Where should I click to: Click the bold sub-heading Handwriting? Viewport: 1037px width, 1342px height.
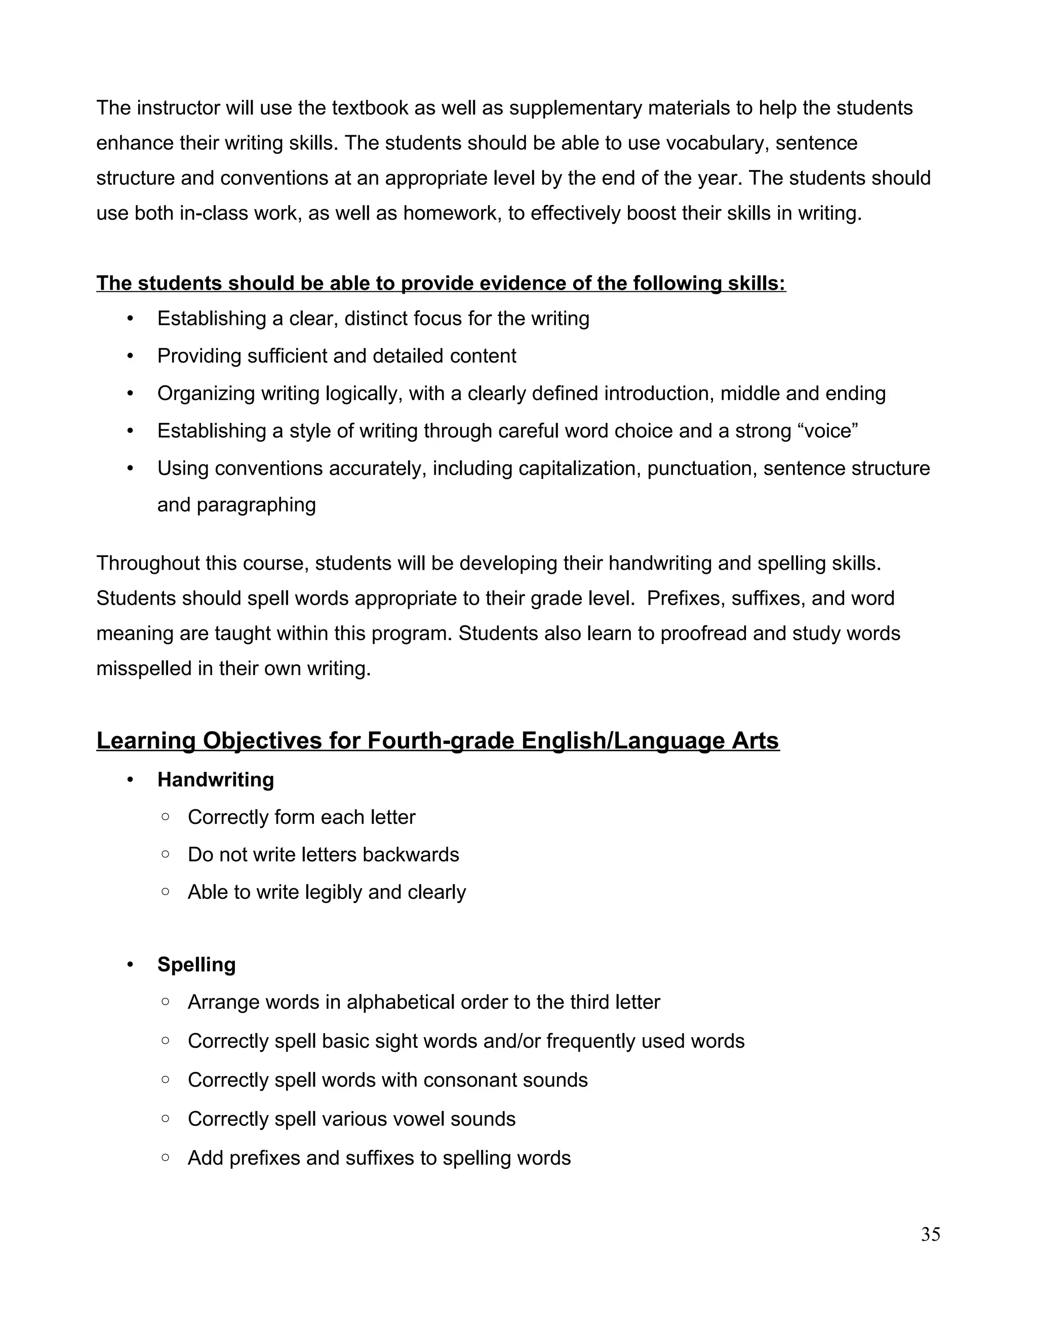(216, 780)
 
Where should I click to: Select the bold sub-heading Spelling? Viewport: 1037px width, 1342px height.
(196, 964)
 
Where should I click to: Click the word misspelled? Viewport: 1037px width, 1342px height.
(144, 668)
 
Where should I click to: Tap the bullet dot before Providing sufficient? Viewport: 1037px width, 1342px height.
(130, 356)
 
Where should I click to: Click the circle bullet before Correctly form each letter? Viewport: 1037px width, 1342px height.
(165, 817)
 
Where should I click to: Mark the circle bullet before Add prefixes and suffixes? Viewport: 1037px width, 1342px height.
(165, 1157)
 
